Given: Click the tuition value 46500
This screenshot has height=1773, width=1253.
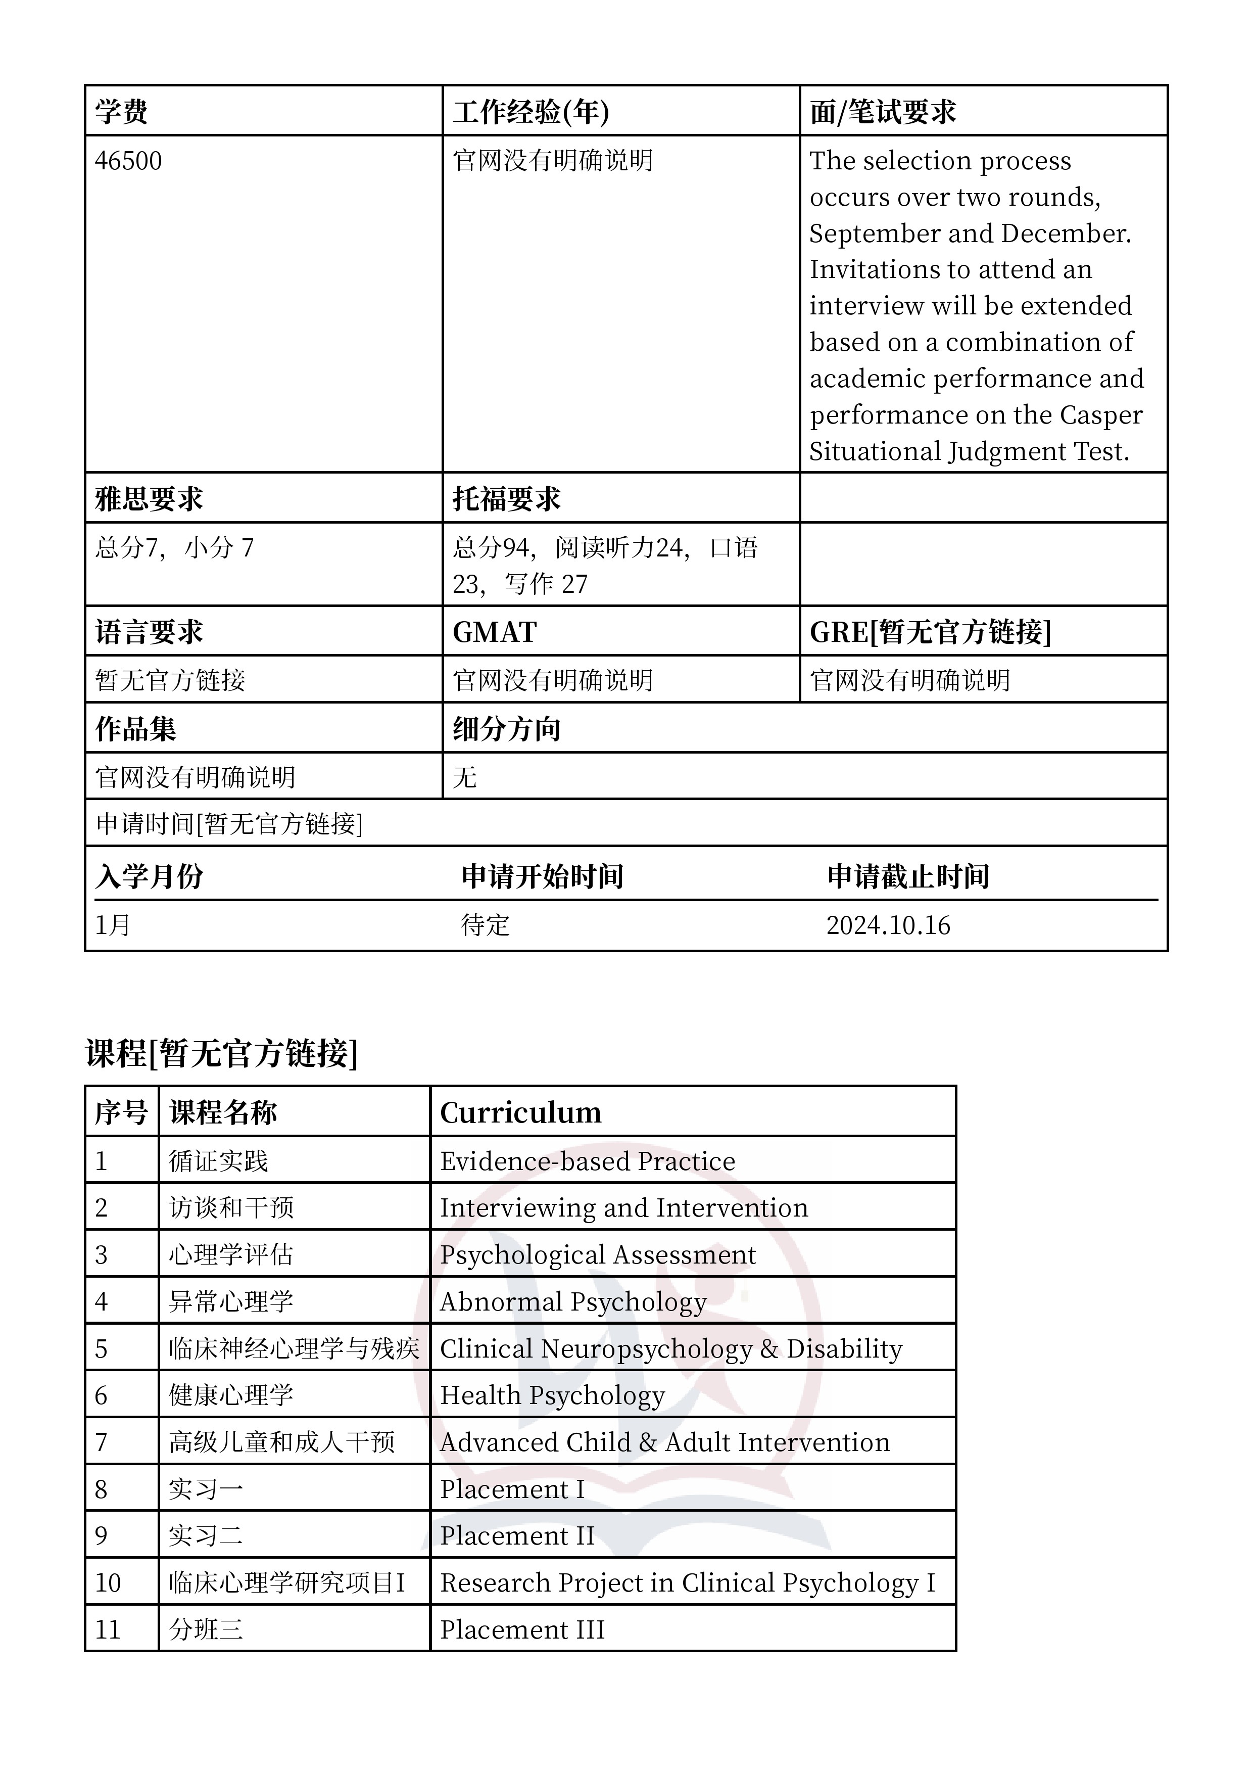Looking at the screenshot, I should (128, 161).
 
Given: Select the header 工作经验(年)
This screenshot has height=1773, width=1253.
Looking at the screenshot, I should (531, 112).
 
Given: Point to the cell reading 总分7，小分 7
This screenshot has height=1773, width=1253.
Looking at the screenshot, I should (174, 548).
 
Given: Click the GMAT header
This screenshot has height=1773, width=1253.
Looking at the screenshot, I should (494, 632).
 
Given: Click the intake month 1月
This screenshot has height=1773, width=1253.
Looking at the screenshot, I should (113, 925).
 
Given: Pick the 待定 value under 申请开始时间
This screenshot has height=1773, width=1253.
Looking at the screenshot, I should (485, 925).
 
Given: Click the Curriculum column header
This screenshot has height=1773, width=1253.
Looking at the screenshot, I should (520, 1113).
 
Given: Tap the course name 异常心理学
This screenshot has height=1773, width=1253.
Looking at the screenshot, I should (231, 1302).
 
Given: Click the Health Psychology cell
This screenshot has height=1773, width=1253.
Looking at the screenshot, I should (552, 1395).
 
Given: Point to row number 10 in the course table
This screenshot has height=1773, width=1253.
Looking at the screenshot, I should (108, 1583).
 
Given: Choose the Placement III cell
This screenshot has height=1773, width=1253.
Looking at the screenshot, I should (522, 1630).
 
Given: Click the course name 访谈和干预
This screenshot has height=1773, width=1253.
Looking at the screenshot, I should (231, 1208).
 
